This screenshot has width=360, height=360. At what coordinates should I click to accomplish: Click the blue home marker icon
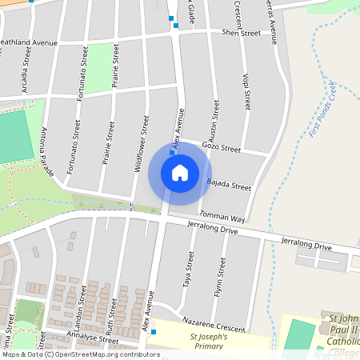tap(180, 173)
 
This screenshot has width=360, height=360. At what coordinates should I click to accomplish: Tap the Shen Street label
tap(241, 33)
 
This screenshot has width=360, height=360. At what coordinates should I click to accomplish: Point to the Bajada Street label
tap(230, 186)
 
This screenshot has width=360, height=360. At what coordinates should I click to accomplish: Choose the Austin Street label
tap(214, 121)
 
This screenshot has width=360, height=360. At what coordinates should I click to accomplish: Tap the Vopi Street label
tap(246, 90)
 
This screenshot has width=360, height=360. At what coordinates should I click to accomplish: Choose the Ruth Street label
tap(111, 317)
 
